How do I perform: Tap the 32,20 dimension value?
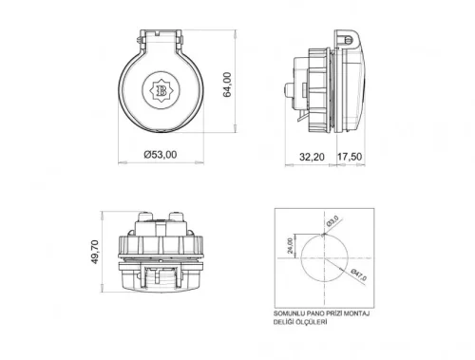313,156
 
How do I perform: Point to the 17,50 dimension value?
350,156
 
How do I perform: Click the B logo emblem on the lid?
158,88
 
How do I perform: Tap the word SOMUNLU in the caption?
289,313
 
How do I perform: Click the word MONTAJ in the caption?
357,313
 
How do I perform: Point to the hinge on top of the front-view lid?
158,36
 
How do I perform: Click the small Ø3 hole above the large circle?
325,234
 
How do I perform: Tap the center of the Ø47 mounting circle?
325,257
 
